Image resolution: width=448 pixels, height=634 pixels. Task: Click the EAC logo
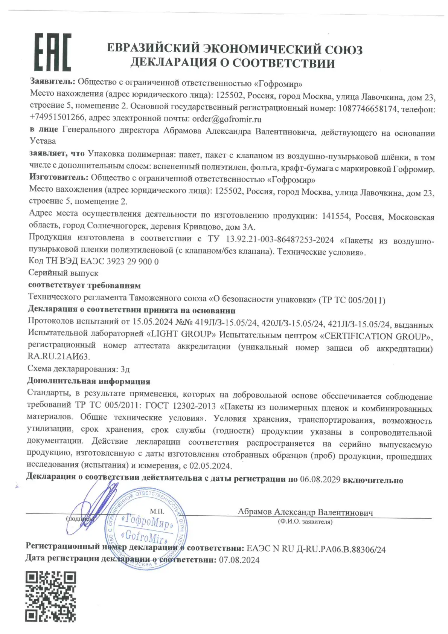click(x=53, y=52)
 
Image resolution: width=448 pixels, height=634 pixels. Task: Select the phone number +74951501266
click(x=57, y=118)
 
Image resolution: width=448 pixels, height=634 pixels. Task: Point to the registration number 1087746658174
click(x=367, y=109)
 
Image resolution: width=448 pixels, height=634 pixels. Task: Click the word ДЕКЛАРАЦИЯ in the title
click(x=173, y=63)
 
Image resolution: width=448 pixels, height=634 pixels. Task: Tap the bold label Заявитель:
click(x=52, y=81)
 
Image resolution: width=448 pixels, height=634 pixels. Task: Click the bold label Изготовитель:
click(x=58, y=177)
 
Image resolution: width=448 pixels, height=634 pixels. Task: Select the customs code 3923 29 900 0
click(x=133, y=261)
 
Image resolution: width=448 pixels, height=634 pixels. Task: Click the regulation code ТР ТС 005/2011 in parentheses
click(x=352, y=300)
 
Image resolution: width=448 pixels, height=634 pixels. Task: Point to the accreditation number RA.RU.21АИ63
click(x=59, y=356)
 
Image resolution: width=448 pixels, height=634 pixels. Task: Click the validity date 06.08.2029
click(x=320, y=480)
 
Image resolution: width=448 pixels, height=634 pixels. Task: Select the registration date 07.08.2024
click(x=239, y=560)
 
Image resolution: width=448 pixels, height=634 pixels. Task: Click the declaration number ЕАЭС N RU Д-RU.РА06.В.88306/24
click(x=316, y=549)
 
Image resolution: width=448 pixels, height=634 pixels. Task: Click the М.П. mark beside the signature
click(x=157, y=511)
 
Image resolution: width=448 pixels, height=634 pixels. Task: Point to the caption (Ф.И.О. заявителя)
click(x=305, y=522)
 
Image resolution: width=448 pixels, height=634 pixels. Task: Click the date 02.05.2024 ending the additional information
click(x=210, y=466)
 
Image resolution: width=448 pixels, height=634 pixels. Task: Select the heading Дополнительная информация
click(x=88, y=381)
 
